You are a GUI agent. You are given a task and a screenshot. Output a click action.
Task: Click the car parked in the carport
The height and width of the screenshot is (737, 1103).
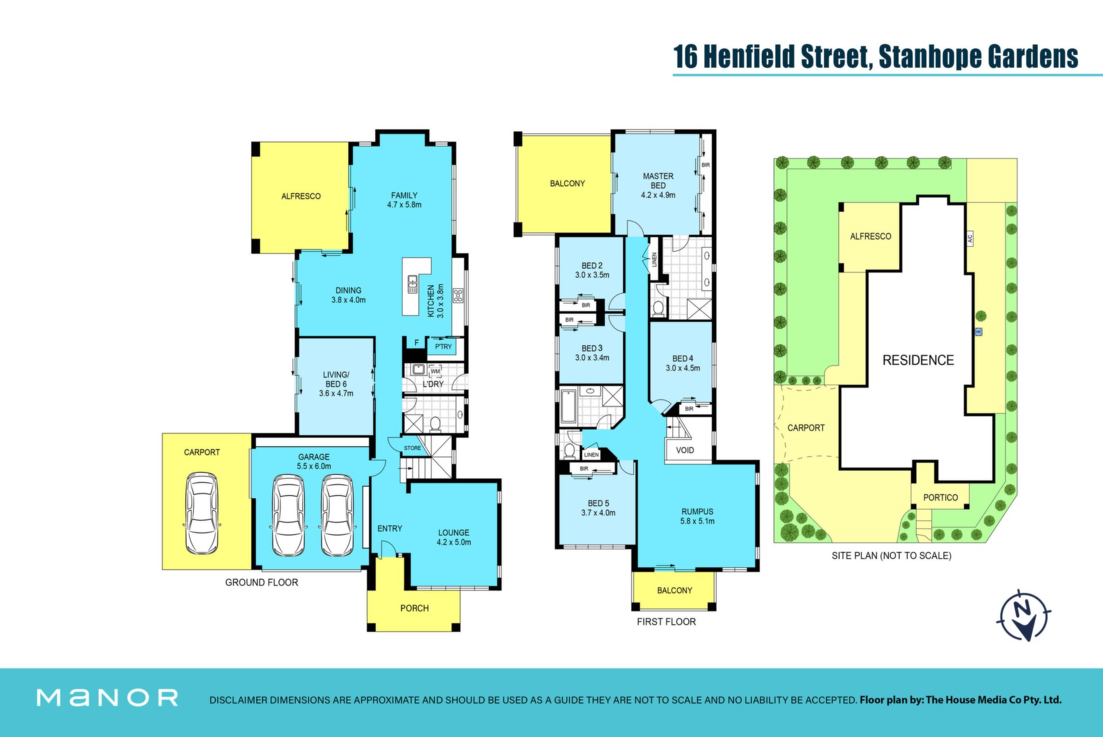tap(202, 513)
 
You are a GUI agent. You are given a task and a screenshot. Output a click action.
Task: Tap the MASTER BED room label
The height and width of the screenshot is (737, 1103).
tap(658, 181)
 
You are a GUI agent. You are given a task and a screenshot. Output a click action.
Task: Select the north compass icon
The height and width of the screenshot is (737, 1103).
tap(1025, 615)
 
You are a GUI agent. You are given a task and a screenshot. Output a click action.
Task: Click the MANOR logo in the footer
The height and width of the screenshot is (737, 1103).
tap(107, 698)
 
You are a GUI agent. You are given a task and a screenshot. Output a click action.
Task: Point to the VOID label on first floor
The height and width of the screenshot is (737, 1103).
tap(685, 450)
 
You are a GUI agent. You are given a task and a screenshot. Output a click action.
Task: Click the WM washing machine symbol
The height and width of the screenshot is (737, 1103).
tap(435, 371)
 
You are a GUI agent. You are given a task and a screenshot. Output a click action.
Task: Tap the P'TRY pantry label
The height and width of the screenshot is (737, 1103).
tap(443, 347)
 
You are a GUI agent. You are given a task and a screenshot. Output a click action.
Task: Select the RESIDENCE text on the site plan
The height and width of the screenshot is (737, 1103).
tap(918, 360)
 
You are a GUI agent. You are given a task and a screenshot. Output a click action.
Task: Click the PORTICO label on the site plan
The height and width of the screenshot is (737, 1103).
tap(940, 498)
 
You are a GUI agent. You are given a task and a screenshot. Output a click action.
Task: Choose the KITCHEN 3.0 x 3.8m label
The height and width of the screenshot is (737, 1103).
tap(436, 301)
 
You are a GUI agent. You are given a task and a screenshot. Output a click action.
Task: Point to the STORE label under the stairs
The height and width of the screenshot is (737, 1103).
tap(412, 448)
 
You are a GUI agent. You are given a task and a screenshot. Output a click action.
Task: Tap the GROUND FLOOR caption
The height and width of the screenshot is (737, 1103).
tap(261, 582)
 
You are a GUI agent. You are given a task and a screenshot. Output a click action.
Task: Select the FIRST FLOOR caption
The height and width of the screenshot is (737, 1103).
tap(666, 621)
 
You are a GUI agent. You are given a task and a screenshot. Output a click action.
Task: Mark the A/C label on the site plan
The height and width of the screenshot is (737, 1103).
tap(970, 238)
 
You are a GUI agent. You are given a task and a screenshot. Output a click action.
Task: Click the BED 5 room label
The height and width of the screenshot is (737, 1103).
tap(598, 504)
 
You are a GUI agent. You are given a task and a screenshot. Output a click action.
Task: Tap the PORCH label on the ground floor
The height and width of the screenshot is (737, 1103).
tap(414, 608)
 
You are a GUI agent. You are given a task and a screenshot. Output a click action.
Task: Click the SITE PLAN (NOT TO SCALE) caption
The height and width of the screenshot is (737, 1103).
tap(892, 556)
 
